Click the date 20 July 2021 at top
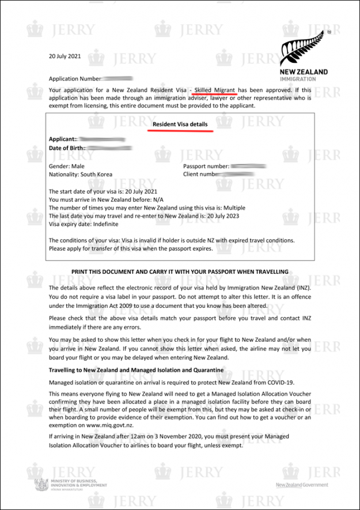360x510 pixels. point(65,56)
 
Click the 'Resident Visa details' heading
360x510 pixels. point(180,124)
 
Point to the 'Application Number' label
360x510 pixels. point(75,78)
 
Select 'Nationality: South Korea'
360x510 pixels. point(81,174)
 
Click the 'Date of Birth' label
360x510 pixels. point(67,148)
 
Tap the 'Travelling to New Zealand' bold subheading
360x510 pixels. point(135,370)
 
